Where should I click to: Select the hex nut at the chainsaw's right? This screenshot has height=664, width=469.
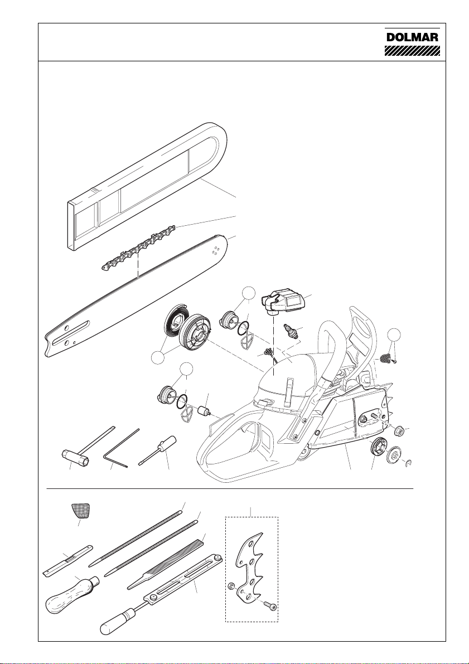point(399,429)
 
